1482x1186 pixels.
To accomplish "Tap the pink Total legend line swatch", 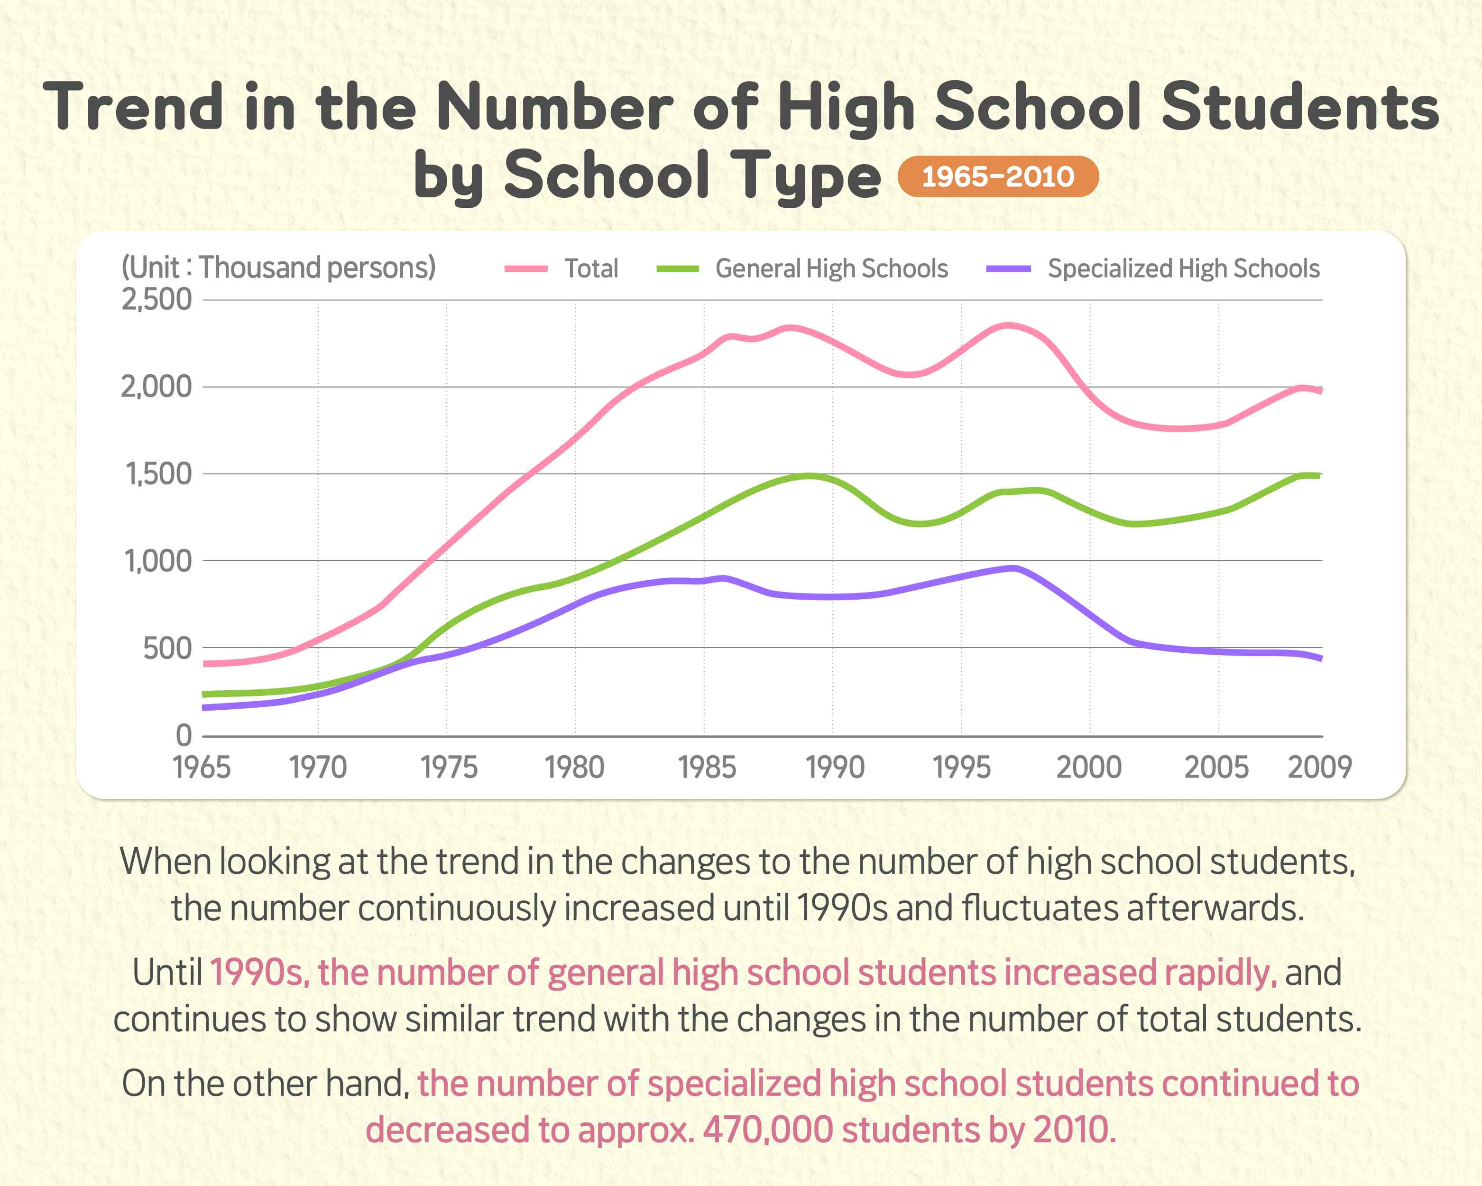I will [526, 269].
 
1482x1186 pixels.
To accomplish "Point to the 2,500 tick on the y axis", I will [156, 300].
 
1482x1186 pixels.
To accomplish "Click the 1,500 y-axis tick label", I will [158, 474].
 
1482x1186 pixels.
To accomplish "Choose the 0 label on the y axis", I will [184, 736].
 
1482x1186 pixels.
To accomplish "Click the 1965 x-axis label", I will [202, 767].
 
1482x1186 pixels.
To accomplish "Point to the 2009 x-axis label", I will [1319, 767].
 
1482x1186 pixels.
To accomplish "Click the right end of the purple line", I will [1320, 658].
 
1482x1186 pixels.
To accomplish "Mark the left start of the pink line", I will [205, 664].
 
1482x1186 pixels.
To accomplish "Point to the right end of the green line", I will [1319, 476].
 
